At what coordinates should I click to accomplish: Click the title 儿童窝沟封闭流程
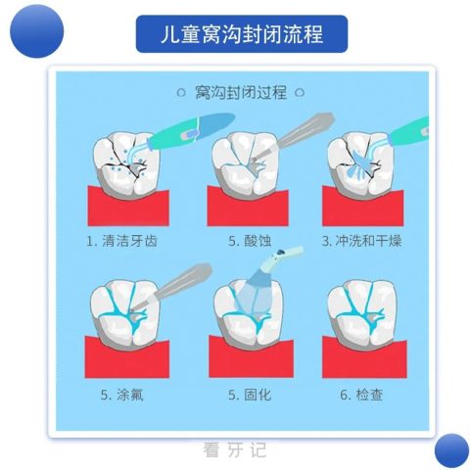point(242,34)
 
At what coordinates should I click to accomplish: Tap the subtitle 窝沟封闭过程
point(241,93)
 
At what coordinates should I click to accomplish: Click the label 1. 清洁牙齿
point(121,241)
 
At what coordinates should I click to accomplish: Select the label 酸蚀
point(258,241)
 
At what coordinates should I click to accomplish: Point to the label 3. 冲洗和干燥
point(361,241)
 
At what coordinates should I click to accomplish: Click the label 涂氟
point(129,395)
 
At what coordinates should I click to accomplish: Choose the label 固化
point(258,395)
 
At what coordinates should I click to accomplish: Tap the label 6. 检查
point(361,395)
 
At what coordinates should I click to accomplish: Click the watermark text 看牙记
point(235,449)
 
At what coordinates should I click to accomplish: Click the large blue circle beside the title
point(36,31)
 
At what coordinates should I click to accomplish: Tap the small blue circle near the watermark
point(451,450)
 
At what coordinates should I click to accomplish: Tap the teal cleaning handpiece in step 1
point(189,132)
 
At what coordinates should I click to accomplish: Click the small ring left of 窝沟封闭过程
point(181,93)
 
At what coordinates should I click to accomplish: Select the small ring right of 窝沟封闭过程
point(300,93)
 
